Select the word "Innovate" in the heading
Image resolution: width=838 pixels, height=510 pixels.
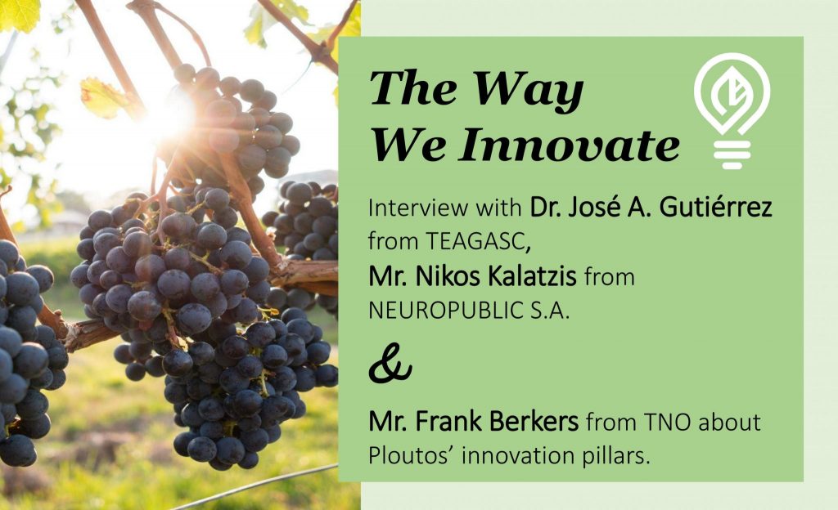click(570, 145)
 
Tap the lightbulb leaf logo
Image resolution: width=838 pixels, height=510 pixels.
click(732, 110)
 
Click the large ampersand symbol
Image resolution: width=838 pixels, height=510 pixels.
click(390, 364)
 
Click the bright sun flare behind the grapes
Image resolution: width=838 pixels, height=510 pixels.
click(171, 119)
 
